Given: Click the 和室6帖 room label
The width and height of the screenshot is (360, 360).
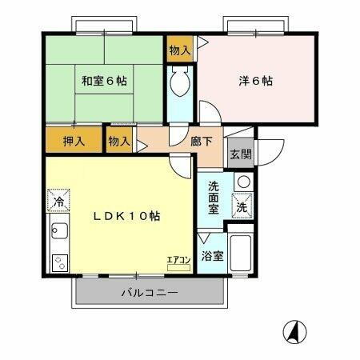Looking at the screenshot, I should (104, 80).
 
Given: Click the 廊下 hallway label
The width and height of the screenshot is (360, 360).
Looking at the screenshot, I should (202, 141).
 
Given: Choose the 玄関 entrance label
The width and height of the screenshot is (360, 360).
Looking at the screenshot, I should (239, 154).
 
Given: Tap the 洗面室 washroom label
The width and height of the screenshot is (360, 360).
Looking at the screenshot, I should (214, 198).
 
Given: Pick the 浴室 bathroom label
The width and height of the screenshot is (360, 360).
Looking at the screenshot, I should (212, 258).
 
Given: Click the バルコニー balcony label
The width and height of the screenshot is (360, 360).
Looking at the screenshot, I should (150, 293).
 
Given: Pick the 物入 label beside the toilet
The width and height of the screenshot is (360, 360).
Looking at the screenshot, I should (180, 50).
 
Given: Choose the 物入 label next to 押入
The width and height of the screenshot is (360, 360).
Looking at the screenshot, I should (119, 142).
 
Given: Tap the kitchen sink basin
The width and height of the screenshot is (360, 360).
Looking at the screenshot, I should (58, 235).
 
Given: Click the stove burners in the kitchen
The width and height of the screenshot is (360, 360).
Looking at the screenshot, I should (58, 262).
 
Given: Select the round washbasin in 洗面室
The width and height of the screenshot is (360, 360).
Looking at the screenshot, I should (242, 182).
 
